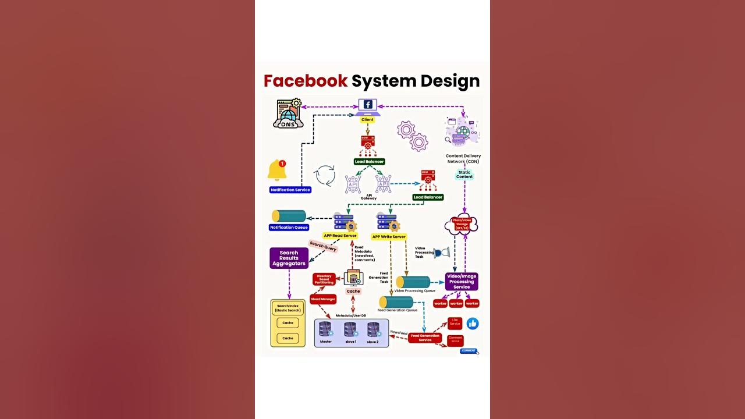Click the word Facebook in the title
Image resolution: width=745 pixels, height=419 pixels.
pyautogui.click(x=305, y=81)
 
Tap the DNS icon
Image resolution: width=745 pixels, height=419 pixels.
pyautogui.click(x=288, y=114)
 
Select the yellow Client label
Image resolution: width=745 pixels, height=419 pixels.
pyautogui.click(x=367, y=120)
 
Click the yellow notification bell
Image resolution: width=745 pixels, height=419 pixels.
pyautogui.click(x=277, y=170)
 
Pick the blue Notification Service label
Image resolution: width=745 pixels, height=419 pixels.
pyautogui.click(x=290, y=190)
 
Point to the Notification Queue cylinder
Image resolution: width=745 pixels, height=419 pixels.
pyautogui.click(x=289, y=216)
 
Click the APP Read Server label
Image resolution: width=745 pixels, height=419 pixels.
pyautogui.click(x=340, y=236)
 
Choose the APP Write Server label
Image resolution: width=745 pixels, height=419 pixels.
pyautogui.click(x=389, y=237)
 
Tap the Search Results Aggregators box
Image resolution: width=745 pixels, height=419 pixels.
pyautogui.click(x=289, y=258)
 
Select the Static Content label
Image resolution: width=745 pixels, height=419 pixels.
pyautogui.click(x=464, y=175)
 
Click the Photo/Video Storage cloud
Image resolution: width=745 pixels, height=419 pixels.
pyautogui.click(x=461, y=225)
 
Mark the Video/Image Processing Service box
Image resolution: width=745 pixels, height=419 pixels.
pyautogui.click(x=462, y=282)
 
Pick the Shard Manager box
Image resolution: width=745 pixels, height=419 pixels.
pyautogui.click(x=323, y=299)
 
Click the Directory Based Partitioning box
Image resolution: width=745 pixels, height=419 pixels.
pyautogui.click(x=324, y=279)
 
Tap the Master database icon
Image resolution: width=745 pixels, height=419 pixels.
pyautogui.click(x=325, y=330)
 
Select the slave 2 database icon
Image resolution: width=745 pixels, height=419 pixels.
pyautogui.click(x=373, y=330)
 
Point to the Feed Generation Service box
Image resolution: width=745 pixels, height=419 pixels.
pyautogui.click(x=425, y=338)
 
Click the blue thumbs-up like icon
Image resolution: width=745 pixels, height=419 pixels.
pyautogui.click(x=473, y=324)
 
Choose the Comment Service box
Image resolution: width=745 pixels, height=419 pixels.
pyautogui.click(x=455, y=339)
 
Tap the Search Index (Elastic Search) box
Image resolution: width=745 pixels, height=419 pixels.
pyautogui.click(x=288, y=308)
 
